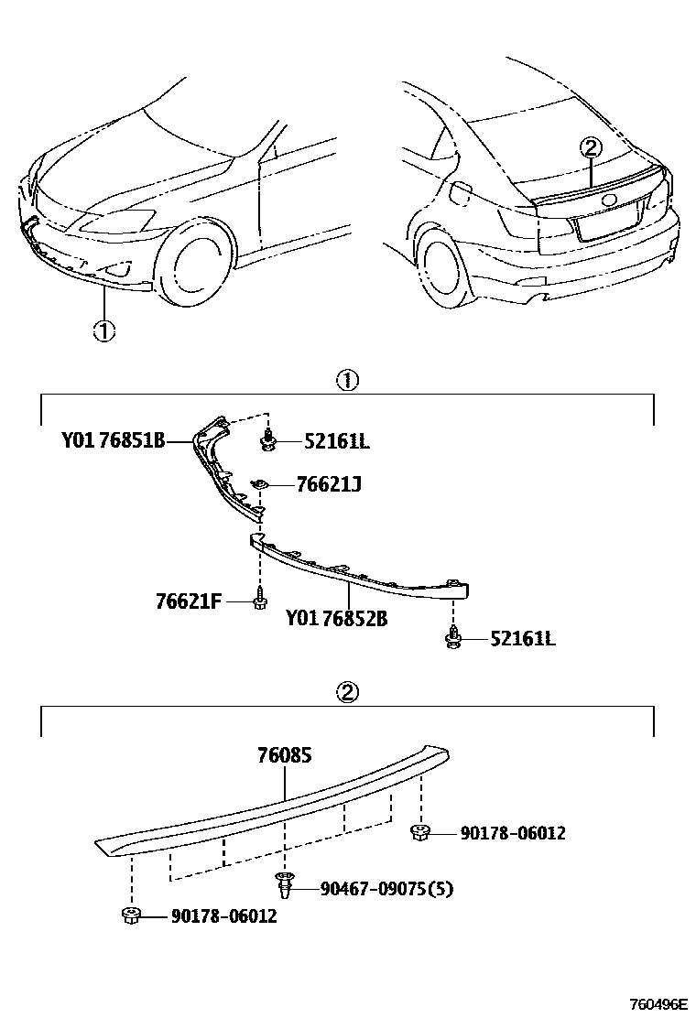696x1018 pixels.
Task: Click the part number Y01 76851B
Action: coord(114,441)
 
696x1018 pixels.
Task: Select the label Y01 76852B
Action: coord(335,620)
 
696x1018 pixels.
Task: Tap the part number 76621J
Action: coord(328,483)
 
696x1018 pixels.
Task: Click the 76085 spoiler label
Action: coord(285,756)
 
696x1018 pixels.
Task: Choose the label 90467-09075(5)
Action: coord(386,888)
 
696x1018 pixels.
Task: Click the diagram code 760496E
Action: coord(657,1004)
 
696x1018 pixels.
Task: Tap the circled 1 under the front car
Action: coord(104,330)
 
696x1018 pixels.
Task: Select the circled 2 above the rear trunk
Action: coord(591,146)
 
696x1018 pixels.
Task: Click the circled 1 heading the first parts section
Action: coord(348,381)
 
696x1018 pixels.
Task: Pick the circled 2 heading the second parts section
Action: coord(348,693)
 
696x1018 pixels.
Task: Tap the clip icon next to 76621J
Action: coord(260,484)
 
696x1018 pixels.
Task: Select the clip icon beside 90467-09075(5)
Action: coord(285,884)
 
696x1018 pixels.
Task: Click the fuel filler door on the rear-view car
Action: coord(461,193)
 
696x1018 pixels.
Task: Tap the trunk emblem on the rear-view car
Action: coord(609,201)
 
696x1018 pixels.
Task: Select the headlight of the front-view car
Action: coord(120,222)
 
